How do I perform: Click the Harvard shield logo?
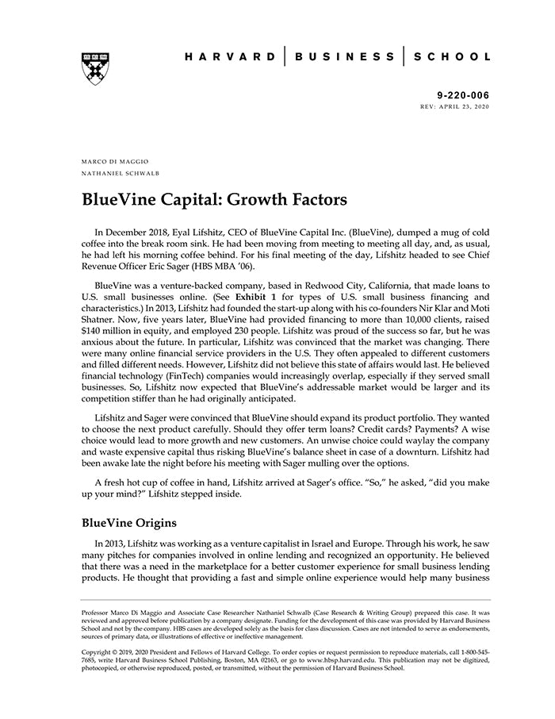[x=94, y=68]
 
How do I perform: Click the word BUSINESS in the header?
[x=344, y=57]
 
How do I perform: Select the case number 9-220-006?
[x=464, y=95]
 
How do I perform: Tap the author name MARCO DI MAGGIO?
[x=114, y=161]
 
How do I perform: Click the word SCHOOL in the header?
[x=454, y=57]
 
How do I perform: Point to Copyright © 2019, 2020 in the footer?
[x=123, y=652]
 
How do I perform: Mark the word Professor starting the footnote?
[x=98, y=613]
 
